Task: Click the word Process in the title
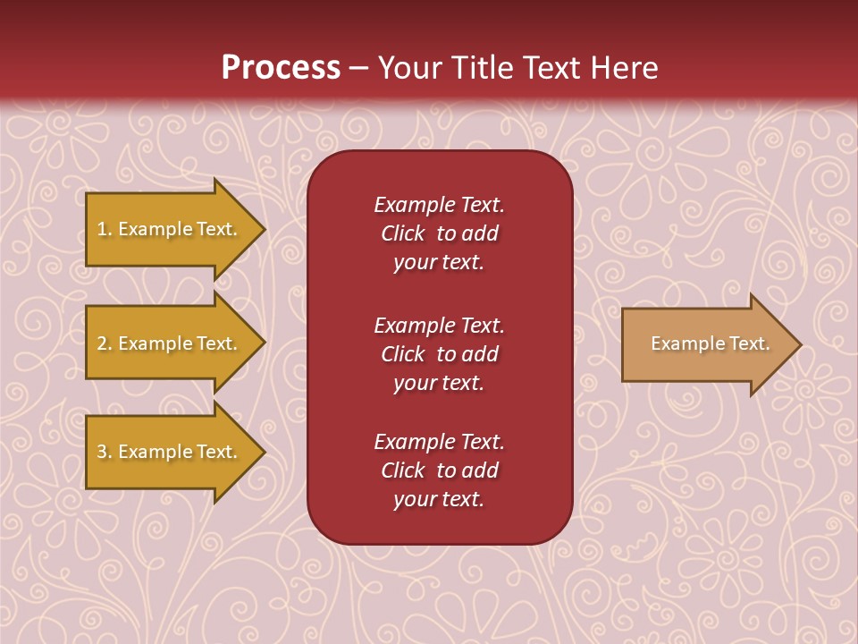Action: pyautogui.click(x=281, y=68)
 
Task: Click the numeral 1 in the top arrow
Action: pyautogui.click(x=102, y=229)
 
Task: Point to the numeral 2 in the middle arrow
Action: pyautogui.click(x=102, y=343)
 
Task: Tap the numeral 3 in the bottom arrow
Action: pyautogui.click(x=102, y=452)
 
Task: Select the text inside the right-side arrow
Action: pyautogui.click(x=710, y=343)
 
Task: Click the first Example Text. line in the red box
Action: pyautogui.click(x=439, y=205)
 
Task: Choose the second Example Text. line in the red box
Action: pyautogui.click(x=439, y=326)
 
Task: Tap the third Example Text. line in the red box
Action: pyautogui.click(x=439, y=442)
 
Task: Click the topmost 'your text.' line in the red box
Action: pyautogui.click(x=439, y=263)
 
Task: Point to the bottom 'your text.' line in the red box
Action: pyautogui.click(x=439, y=500)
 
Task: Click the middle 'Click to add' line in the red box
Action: pyautogui.click(x=439, y=354)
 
